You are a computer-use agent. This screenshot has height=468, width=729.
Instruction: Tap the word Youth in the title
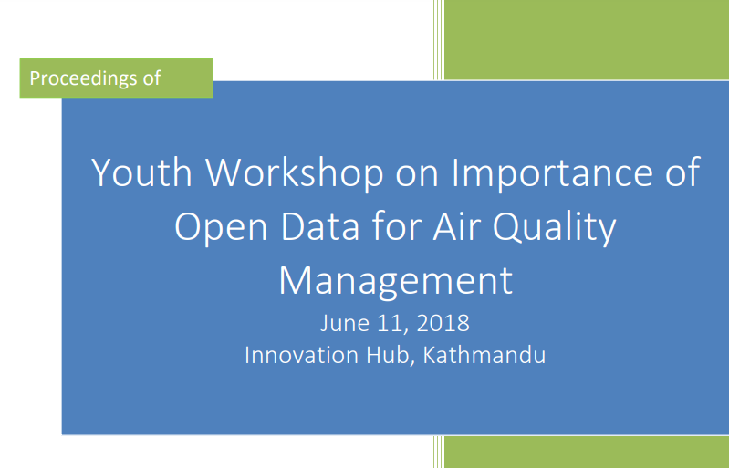pos(141,172)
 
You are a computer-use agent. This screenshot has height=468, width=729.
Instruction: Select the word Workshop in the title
pos(295,172)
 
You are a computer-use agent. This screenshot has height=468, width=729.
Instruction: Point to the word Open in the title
pos(221,227)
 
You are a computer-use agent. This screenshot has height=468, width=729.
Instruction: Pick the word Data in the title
pos(320,226)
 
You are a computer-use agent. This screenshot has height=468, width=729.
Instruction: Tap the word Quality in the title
pos(554,227)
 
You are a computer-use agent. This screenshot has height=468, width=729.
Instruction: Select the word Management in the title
pos(396,281)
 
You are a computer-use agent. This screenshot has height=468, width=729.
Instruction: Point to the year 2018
pos(443,323)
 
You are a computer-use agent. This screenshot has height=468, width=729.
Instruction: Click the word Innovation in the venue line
pos(302,355)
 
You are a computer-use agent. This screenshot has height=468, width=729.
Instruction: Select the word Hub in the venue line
pos(391,356)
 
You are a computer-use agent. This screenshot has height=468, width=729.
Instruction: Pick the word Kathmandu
pos(484,355)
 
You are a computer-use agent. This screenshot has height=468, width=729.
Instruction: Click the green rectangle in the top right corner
pos(587,39)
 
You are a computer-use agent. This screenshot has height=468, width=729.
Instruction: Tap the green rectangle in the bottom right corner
pos(587,452)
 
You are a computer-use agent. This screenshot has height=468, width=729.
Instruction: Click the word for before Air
pos(397,226)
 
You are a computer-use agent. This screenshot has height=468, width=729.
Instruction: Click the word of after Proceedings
pos(151,78)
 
